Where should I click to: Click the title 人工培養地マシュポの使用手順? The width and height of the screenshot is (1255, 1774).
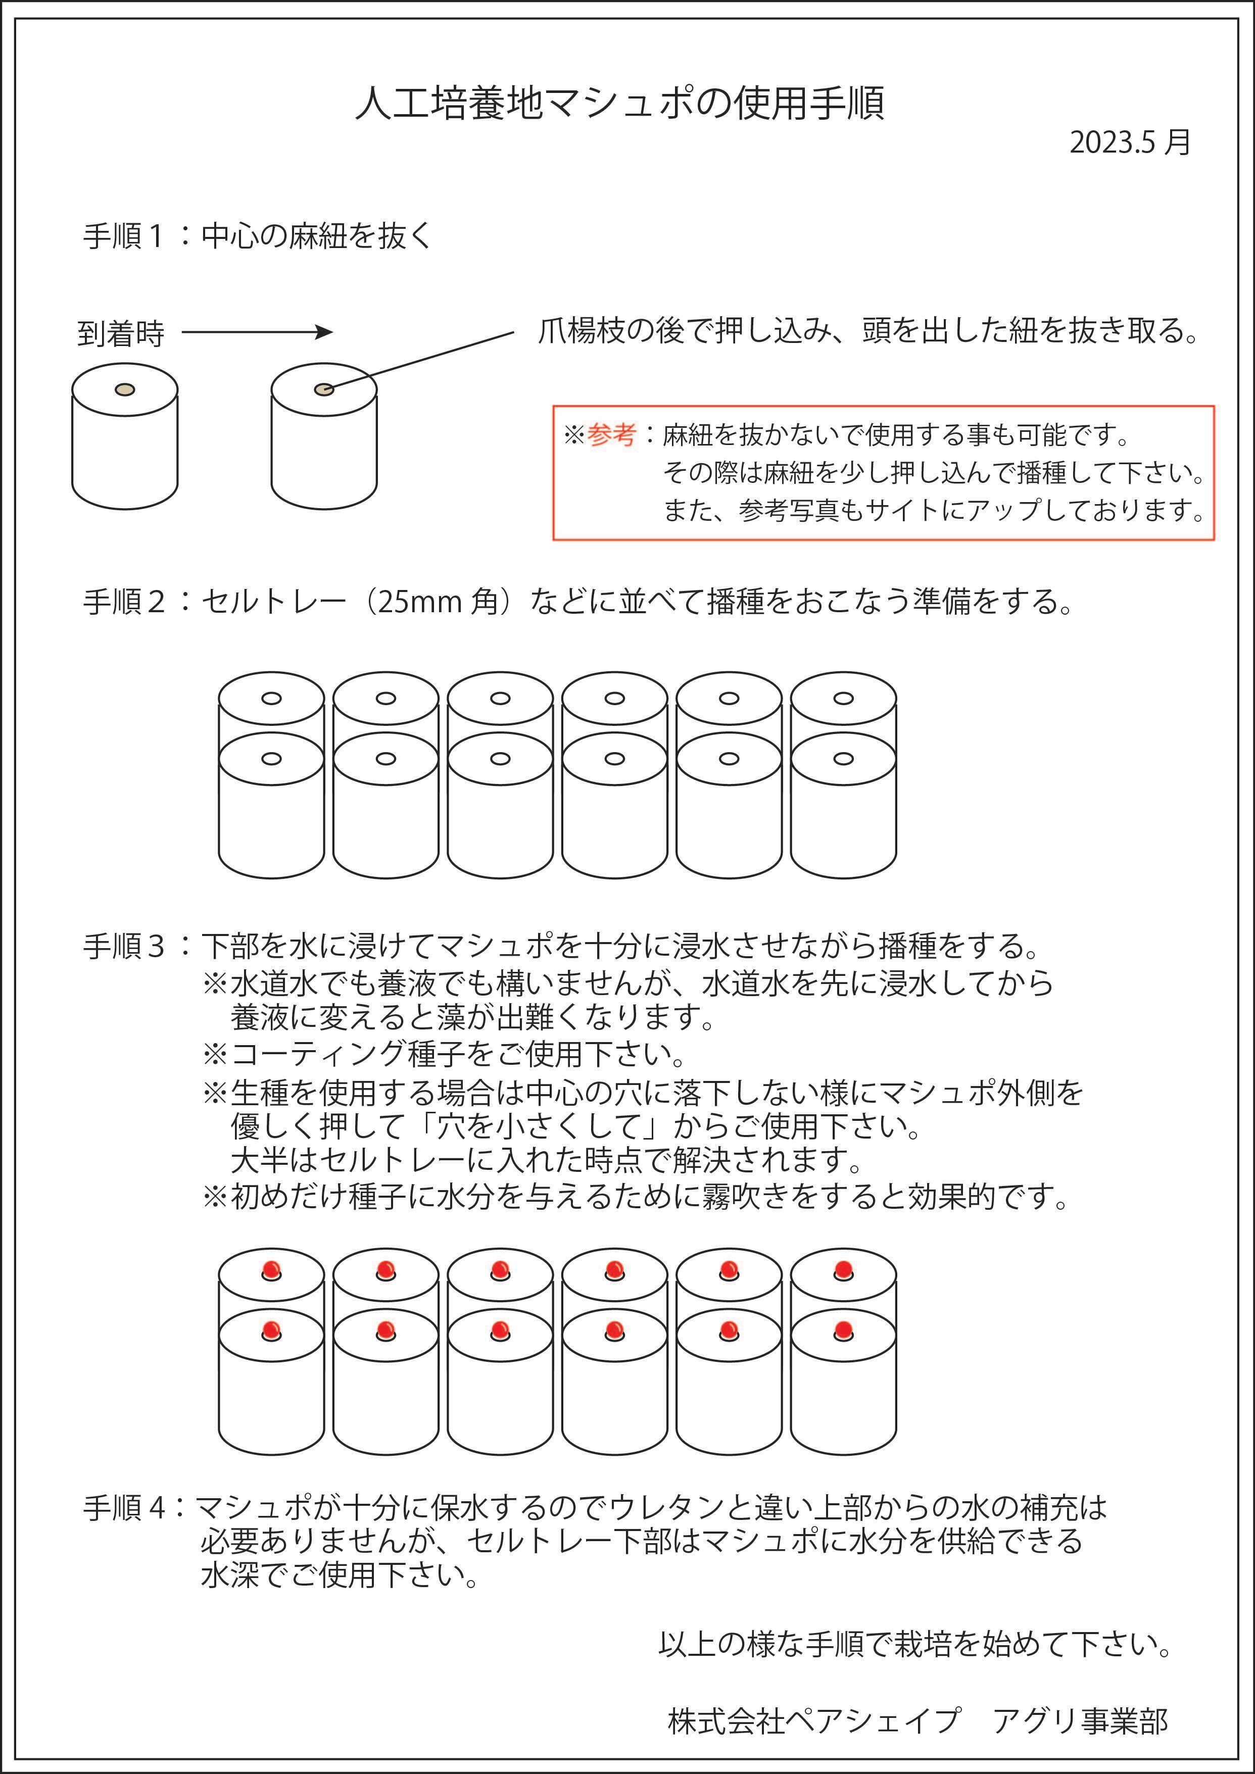pyautogui.click(x=620, y=104)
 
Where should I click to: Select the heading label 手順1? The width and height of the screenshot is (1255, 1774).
pyautogui.click(x=124, y=236)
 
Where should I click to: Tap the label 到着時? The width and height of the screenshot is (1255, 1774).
pyautogui.click(x=121, y=334)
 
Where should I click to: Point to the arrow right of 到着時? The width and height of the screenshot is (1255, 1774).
pyautogui.click(x=257, y=332)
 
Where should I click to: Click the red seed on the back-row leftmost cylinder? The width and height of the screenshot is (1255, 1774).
pyautogui.click(x=271, y=1269)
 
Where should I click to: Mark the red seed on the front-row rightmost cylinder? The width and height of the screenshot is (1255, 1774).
pyautogui.click(x=843, y=1329)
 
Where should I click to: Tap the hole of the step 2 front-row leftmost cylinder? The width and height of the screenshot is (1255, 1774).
pyautogui.click(x=271, y=759)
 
